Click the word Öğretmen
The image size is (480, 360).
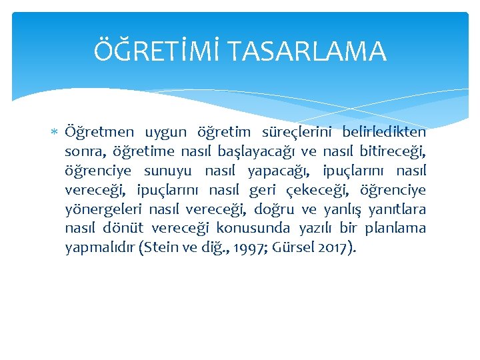pos(99,132)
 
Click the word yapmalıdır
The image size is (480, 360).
pos(99,248)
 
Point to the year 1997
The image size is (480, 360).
pos(245,248)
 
